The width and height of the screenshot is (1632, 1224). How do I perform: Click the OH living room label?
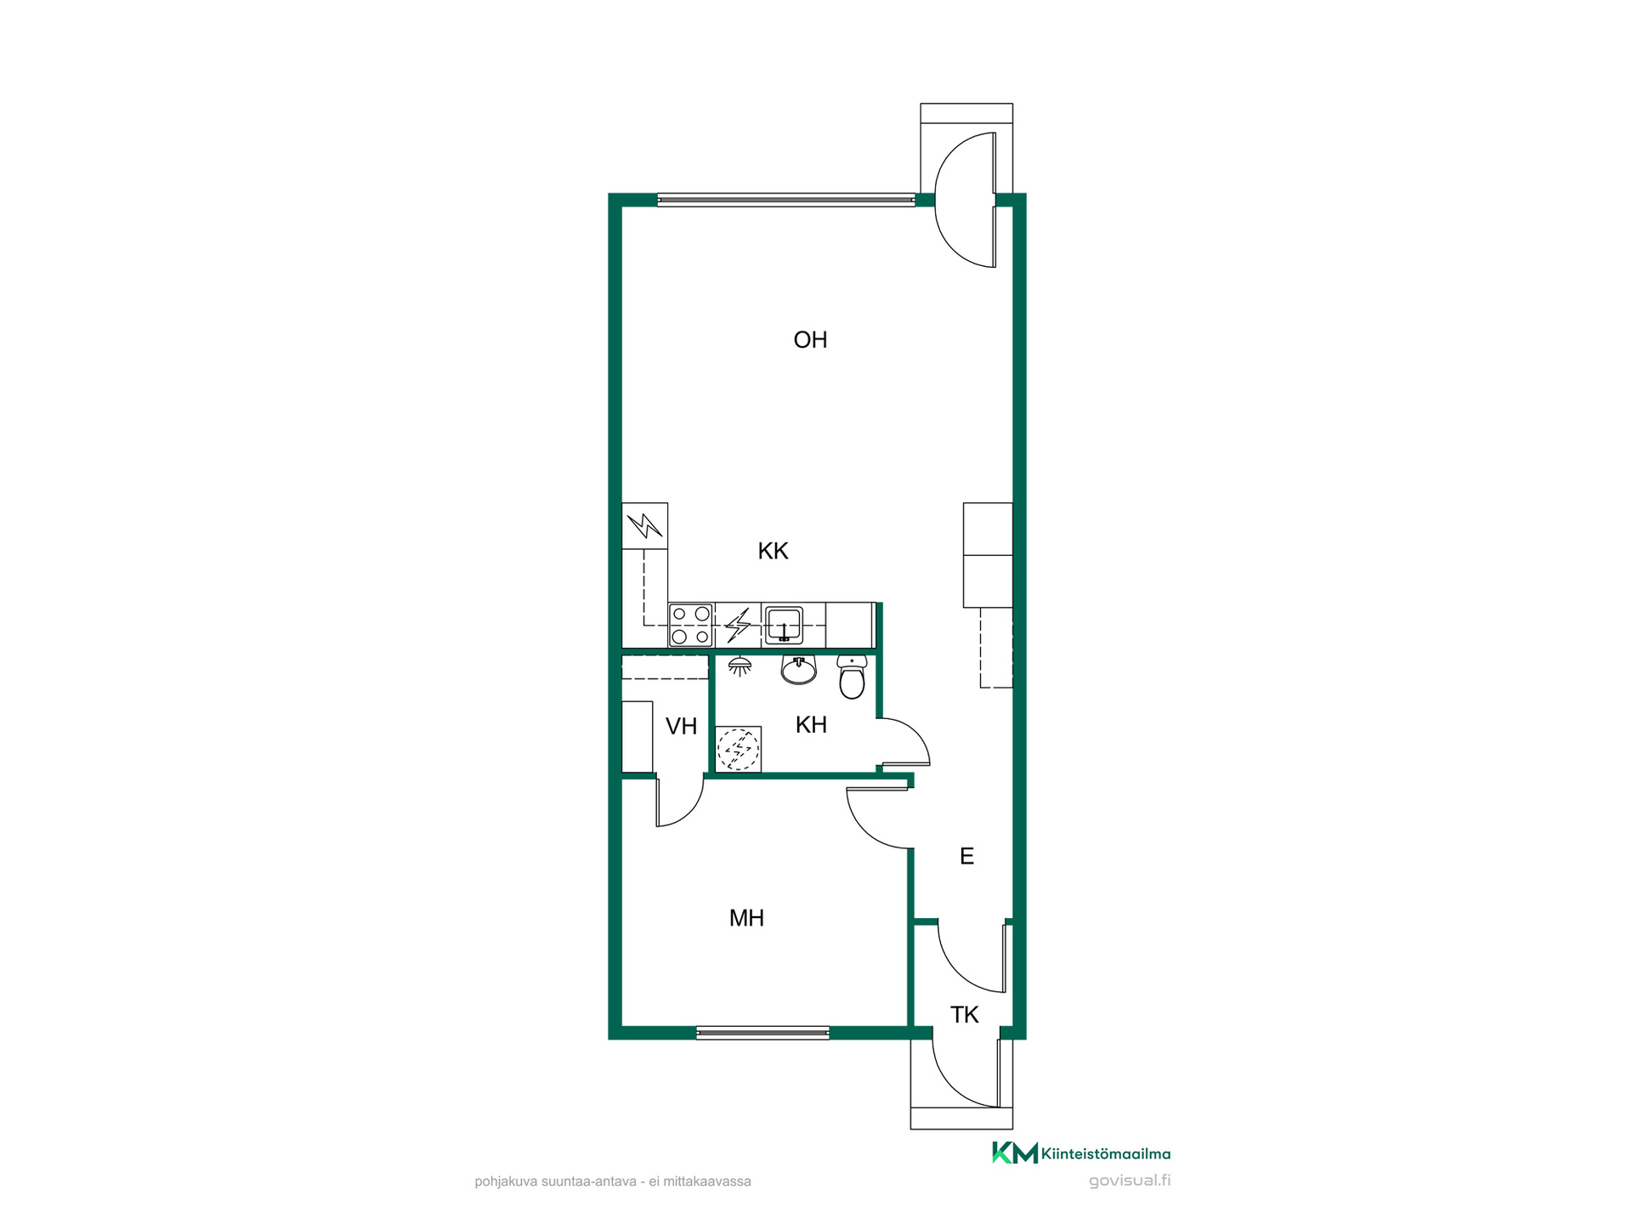810,340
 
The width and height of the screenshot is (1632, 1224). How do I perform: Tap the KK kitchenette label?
773,551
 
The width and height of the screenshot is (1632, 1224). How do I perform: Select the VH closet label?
681,726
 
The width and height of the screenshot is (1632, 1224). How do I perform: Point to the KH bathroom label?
811,724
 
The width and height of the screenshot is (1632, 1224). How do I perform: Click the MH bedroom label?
746,918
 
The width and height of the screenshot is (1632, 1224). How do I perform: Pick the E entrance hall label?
966,856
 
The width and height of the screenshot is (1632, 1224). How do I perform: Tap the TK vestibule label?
965,1014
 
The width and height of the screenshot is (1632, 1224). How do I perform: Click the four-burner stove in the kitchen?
691,625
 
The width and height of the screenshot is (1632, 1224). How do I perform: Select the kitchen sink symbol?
784,625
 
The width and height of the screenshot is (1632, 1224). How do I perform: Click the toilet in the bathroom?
852,677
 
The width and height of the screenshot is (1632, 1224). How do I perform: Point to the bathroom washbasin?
799,670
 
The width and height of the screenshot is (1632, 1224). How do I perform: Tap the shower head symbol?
739,666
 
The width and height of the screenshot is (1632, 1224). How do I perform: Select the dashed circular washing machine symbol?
739,749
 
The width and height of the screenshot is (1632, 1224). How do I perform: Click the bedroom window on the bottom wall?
762,1033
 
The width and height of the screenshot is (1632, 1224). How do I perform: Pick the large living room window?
786,201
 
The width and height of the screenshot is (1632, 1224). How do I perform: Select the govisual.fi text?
1129,1181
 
